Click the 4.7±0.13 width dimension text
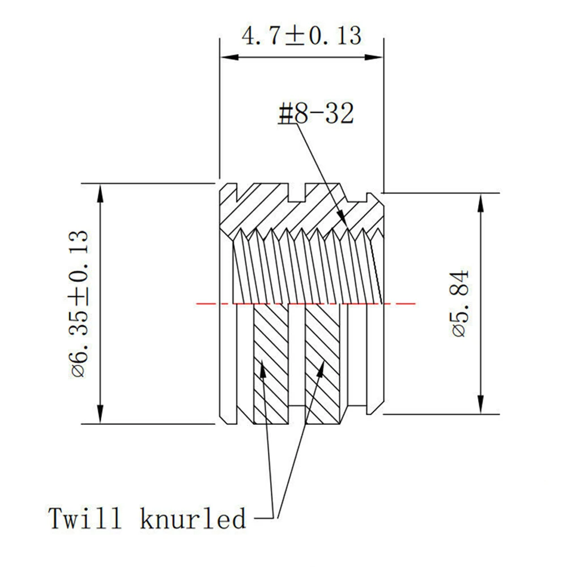click(301, 36)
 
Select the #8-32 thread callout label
click(316, 113)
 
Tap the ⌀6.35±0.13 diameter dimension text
click(79, 304)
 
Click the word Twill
click(84, 518)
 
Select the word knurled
click(193, 518)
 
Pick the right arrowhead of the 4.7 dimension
click(374, 57)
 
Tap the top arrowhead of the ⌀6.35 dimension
click(100, 193)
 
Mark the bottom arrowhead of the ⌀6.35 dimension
click(100, 415)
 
